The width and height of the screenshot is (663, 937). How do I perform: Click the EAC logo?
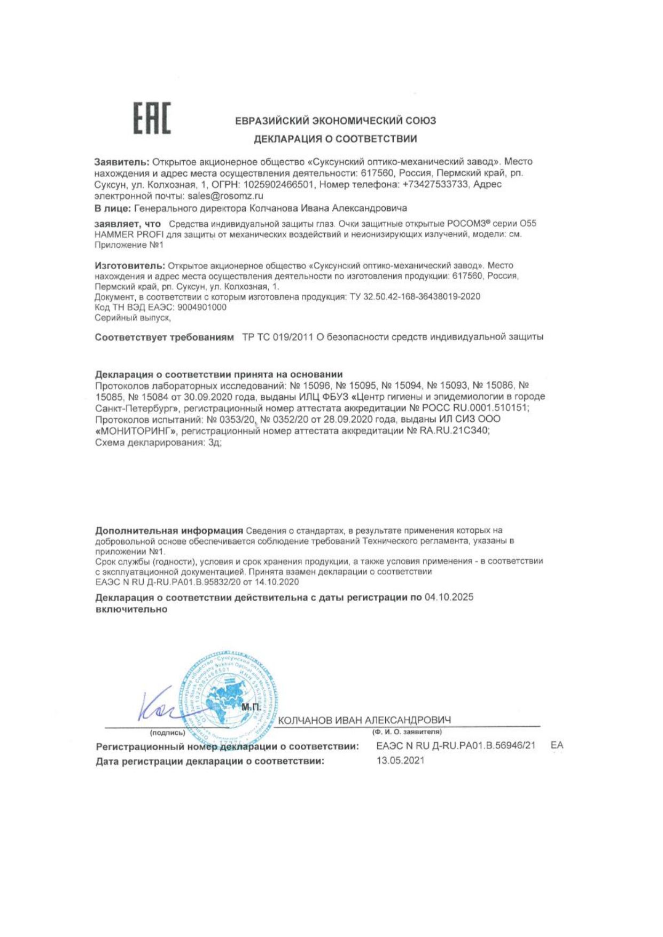click(x=152, y=118)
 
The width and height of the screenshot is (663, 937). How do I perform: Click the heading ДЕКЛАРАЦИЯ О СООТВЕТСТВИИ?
click(x=335, y=139)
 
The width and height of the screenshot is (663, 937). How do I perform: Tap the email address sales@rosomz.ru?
click(x=225, y=196)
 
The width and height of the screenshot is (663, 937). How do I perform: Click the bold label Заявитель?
click(x=121, y=162)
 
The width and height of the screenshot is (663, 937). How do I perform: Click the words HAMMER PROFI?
click(x=129, y=234)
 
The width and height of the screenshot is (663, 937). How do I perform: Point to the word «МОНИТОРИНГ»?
click(x=137, y=430)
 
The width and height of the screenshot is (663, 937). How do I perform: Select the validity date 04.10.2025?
click(x=449, y=597)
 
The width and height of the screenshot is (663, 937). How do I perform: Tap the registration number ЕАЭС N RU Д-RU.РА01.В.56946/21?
click(x=455, y=746)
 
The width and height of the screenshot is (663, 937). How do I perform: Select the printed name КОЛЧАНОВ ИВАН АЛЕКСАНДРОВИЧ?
click(x=364, y=720)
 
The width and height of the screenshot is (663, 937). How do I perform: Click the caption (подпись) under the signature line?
click(x=168, y=733)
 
